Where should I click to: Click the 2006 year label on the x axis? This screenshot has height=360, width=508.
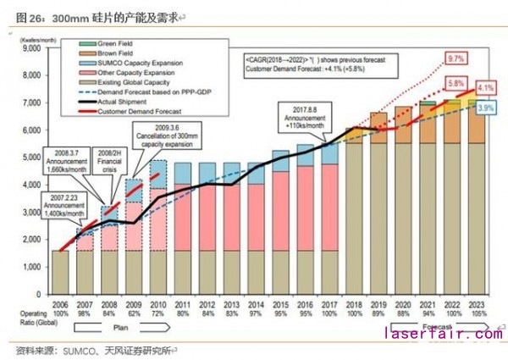(x=59, y=302)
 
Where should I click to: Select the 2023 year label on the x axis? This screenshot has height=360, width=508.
(x=477, y=302)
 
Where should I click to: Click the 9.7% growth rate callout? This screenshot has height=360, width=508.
(x=456, y=58)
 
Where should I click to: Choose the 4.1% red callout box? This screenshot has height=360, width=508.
(x=485, y=88)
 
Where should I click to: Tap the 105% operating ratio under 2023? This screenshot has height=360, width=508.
(x=477, y=313)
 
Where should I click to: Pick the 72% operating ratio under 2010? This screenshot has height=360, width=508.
(x=157, y=313)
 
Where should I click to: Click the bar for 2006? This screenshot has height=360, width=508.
(x=59, y=271)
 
